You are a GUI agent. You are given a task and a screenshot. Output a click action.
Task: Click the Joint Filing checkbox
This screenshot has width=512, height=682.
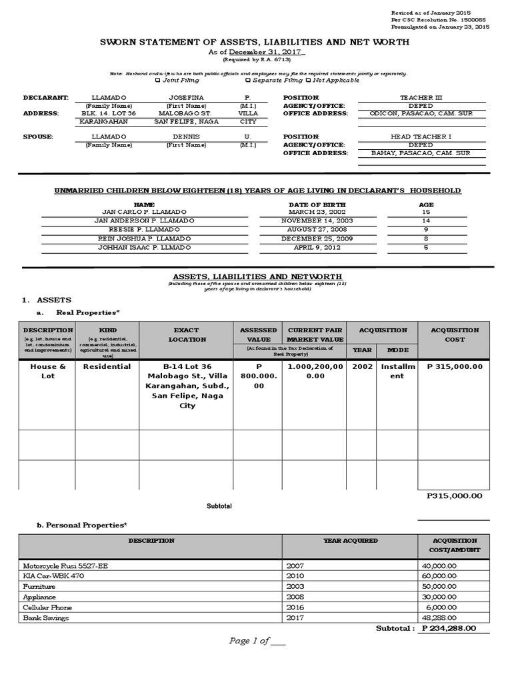[x=157, y=81]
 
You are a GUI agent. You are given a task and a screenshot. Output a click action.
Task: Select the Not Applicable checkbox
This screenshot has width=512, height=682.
[x=307, y=81]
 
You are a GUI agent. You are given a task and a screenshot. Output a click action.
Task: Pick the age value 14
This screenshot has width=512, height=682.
[x=427, y=220]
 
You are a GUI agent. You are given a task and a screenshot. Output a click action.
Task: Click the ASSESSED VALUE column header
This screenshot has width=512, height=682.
[x=259, y=334]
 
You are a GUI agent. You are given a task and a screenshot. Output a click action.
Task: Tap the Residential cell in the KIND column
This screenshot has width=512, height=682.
[x=107, y=367]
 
